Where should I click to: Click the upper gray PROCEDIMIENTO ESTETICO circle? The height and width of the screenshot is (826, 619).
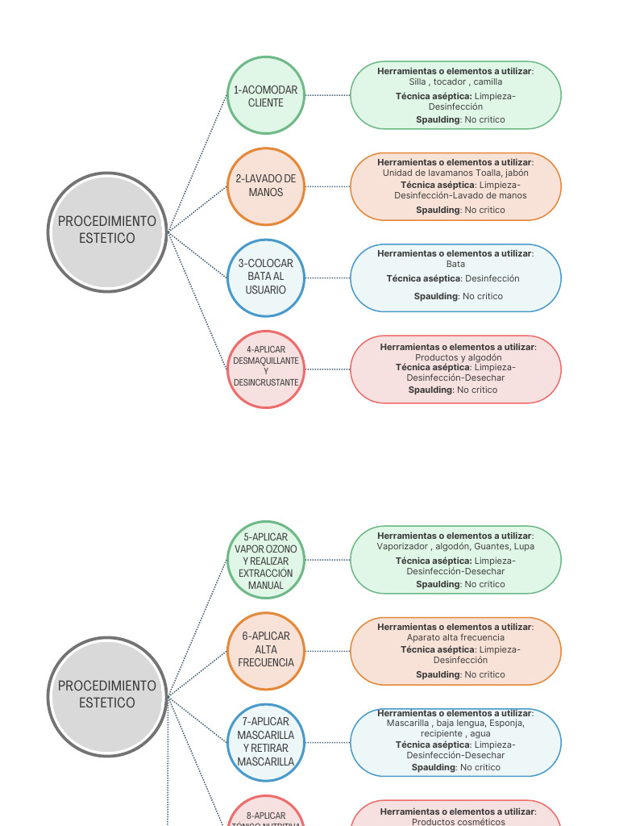tap(107, 232)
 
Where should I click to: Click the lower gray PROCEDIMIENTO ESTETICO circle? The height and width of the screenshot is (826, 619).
tap(107, 695)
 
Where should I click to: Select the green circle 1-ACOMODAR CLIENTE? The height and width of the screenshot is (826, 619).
tap(266, 96)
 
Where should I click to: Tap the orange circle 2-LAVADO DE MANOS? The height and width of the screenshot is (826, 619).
tap(266, 186)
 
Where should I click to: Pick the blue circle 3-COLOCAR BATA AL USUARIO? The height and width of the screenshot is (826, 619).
tap(266, 277)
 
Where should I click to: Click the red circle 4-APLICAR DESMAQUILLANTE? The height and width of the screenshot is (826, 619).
tap(266, 369)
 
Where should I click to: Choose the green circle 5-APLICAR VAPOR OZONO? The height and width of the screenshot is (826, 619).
tap(266, 560)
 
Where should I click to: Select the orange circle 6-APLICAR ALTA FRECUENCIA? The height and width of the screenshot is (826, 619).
tap(266, 650)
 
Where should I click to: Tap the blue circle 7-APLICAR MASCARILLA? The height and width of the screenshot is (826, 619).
tap(266, 742)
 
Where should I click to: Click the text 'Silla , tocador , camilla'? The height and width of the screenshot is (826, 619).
tap(455, 81)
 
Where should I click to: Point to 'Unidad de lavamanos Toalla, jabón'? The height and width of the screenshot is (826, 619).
tap(455, 173)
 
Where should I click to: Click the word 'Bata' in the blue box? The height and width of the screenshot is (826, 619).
tap(455, 264)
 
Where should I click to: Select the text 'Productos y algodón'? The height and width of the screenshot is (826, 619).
tap(458, 357)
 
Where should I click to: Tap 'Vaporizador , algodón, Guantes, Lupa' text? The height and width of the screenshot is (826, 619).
tap(455, 546)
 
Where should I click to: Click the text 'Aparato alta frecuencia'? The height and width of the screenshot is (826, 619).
tap(455, 637)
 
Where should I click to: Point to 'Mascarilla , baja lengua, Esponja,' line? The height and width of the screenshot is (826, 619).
tap(455, 724)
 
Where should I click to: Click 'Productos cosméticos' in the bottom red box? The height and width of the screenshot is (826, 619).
tap(458, 821)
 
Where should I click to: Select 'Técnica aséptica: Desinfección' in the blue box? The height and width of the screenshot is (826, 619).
tap(453, 278)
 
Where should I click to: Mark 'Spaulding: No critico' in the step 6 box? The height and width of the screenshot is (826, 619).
tap(460, 674)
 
